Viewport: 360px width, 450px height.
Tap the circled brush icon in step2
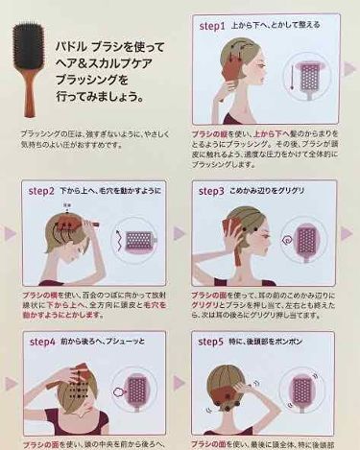(x=134, y=236)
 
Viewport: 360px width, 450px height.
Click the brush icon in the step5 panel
(x=307, y=395)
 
